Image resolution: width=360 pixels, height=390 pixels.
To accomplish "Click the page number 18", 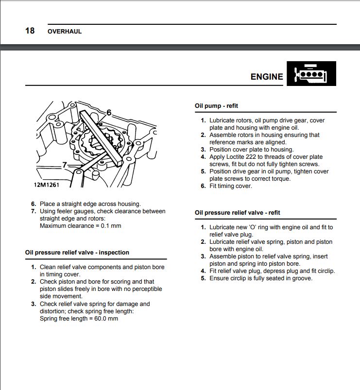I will (x=30, y=31).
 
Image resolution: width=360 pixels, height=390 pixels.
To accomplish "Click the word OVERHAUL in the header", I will (x=65, y=32).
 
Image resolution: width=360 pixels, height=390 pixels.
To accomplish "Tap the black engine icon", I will (x=311, y=73).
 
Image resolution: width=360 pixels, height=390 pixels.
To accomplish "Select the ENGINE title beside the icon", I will (x=267, y=77).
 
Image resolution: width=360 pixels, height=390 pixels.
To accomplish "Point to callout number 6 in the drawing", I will (x=109, y=113).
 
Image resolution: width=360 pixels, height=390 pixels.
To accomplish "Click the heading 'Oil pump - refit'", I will (x=216, y=106).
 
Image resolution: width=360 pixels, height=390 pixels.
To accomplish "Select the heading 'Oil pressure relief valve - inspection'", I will (x=77, y=253).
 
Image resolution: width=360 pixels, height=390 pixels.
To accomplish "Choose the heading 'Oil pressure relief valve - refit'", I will (x=237, y=213).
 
